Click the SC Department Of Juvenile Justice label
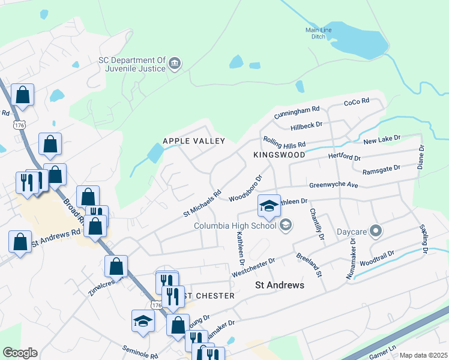(131, 64)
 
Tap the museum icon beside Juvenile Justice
(175, 64)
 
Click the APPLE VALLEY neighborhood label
(194, 141)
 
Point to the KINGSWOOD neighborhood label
(279, 155)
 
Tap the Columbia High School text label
(235, 226)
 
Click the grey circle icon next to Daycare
(376, 230)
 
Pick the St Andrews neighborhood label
(280, 285)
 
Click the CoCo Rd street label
(355, 103)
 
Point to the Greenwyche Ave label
(333, 185)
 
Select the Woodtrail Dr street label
(378, 258)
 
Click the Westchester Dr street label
(253, 268)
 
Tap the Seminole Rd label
(139, 352)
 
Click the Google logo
(20, 353)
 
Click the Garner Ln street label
(385, 350)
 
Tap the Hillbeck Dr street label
(306, 126)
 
